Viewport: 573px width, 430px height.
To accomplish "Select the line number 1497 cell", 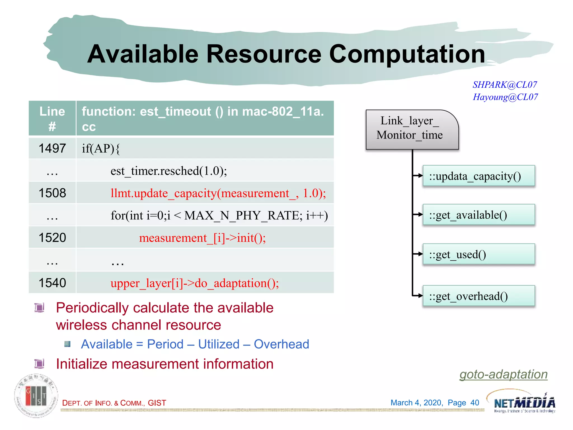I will point(52,148).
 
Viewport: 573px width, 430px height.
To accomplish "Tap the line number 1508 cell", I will point(52,193).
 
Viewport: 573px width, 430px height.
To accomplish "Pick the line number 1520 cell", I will point(52,238).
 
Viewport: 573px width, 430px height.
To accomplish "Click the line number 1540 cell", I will point(52,283).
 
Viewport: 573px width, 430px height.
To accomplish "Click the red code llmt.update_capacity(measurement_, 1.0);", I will point(218,193).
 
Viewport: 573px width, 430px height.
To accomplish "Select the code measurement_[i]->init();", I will point(202,238).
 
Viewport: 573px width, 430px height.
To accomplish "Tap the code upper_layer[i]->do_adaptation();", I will point(194,283).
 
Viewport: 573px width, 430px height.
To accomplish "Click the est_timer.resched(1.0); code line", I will point(168,171).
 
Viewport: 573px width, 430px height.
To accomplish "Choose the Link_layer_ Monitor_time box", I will point(412,129).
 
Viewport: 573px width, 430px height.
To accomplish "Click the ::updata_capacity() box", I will point(478,176).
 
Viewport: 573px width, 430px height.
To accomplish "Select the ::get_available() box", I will point(478,215).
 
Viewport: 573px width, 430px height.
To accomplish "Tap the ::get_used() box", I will point(478,254).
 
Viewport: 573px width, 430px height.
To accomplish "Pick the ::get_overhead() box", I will point(478,296).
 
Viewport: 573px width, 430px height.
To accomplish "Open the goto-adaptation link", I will point(503,374).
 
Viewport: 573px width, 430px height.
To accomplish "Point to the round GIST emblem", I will point(36,396).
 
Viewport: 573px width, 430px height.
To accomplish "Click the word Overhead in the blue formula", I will point(281,344).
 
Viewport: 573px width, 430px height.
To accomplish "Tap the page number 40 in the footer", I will point(475,403).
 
